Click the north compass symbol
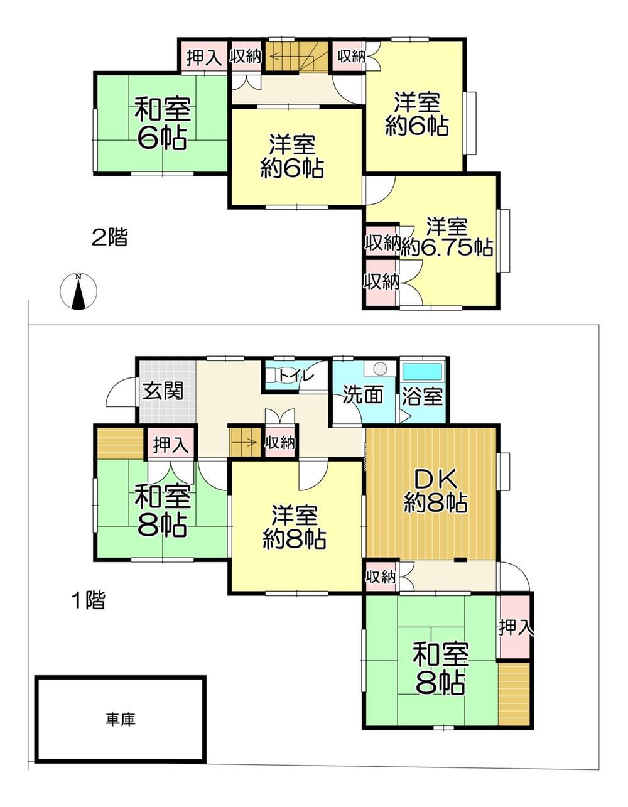point(78,291)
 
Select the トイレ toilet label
point(297,376)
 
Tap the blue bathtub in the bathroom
point(423,372)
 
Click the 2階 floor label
point(109,237)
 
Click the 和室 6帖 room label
point(162,122)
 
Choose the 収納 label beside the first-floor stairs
point(280,443)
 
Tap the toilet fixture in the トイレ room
point(273,376)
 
